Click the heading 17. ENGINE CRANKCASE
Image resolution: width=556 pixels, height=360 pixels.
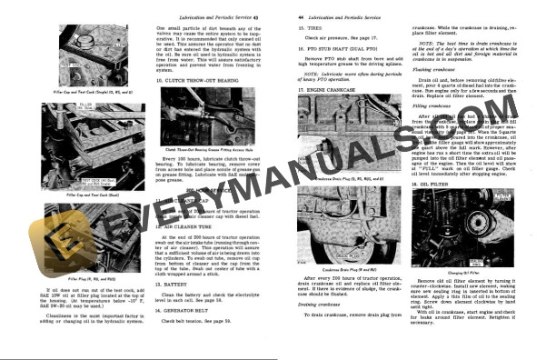point(332,92)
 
